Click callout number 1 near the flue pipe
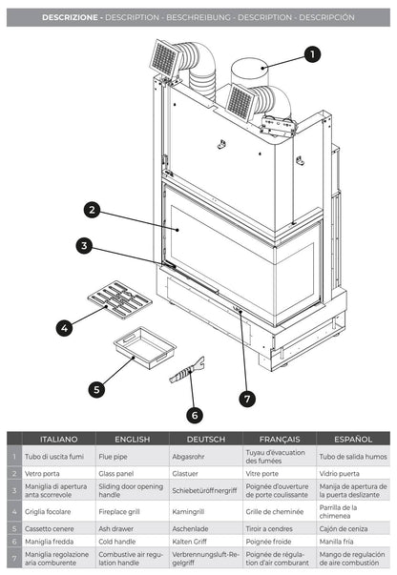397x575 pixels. (x=312, y=54)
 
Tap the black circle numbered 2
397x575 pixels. (x=92, y=210)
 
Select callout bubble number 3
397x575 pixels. (x=84, y=245)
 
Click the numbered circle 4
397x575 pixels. (x=64, y=328)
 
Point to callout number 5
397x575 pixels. (x=96, y=389)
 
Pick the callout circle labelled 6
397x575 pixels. (x=195, y=416)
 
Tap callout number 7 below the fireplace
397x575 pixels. (x=247, y=399)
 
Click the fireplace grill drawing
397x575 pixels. (x=119, y=299)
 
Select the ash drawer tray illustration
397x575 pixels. (x=144, y=347)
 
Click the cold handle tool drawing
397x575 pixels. (x=187, y=371)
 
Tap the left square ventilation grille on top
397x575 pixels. (x=166, y=58)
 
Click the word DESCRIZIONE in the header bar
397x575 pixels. (x=70, y=17)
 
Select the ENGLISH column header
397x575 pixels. (x=133, y=440)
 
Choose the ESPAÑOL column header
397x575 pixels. (x=353, y=440)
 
